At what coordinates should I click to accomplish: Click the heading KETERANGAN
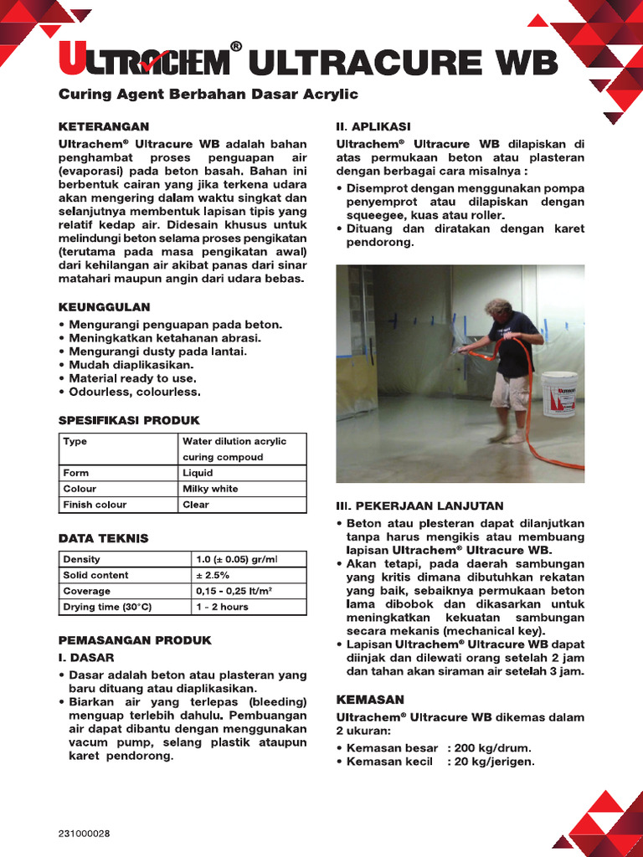(103, 126)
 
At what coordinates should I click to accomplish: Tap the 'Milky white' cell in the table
(210, 489)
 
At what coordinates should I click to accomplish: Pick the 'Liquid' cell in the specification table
(198, 473)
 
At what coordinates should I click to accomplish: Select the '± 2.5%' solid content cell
(213, 575)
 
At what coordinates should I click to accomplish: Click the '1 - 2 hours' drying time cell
(222, 607)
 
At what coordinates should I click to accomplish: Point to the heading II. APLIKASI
(373, 126)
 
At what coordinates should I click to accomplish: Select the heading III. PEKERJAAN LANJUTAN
(419, 506)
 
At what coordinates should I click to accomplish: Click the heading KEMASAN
(370, 699)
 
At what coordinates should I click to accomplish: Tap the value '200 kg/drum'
(493, 748)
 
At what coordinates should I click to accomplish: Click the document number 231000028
(84, 834)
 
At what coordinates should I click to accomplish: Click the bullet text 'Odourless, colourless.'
(135, 392)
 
